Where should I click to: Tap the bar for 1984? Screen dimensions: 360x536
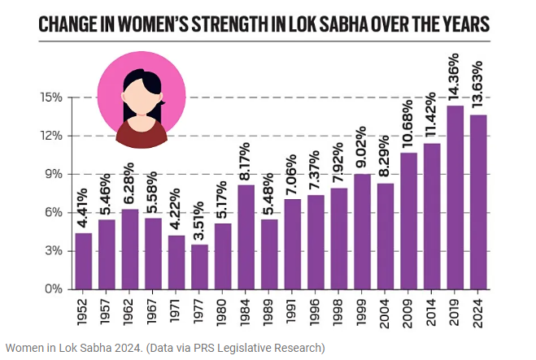tap(246, 236)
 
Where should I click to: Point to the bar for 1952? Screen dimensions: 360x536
tap(82, 261)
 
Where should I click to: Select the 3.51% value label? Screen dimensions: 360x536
tap(198, 219)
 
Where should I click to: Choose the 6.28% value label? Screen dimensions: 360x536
tap(129, 185)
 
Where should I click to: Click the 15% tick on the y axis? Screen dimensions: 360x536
tap(51, 98)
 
